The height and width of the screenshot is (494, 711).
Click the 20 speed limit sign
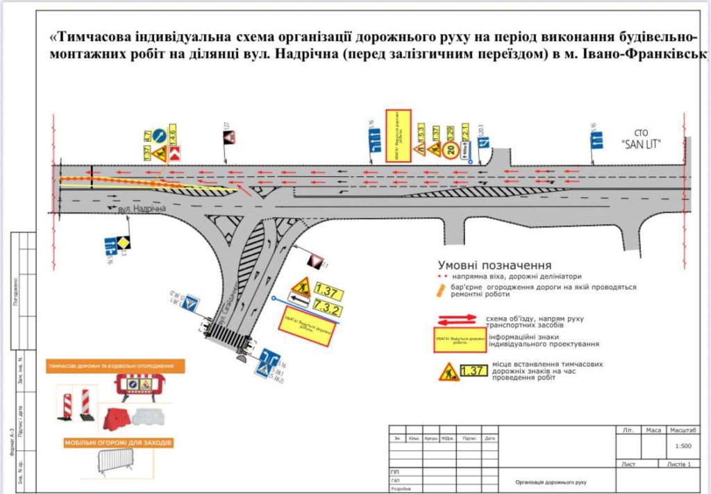pyautogui.click(x=450, y=150)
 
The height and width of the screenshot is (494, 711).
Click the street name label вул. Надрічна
pyautogui.click(x=142, y=209)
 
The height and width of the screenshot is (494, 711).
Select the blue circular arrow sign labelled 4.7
pyautogui.click(x=159, y=135)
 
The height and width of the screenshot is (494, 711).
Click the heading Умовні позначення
pyautogui.click(x=494, y=265)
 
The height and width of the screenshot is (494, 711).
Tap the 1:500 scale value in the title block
pyautogui.click(x=683, y=448)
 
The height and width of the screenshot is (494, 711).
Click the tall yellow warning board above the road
pyautogui.click(x=399, y=135)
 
